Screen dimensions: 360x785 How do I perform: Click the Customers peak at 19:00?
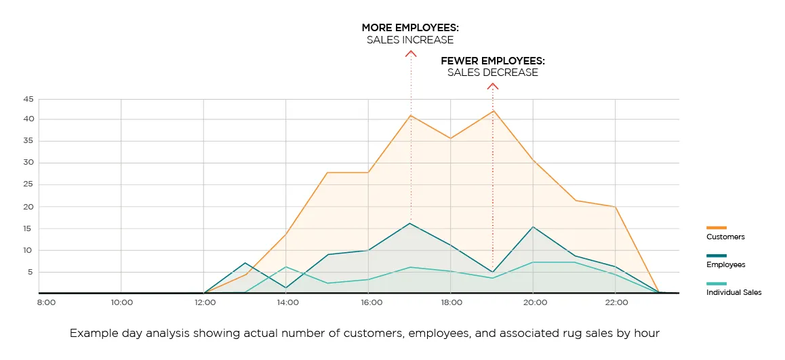(x=493, y=111)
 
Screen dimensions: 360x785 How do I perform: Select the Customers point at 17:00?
(x=411, y=115)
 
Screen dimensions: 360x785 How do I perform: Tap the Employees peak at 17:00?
(x=411, y=223)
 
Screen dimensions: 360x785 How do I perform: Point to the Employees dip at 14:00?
(x=287, y=287)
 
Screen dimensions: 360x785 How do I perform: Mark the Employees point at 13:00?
(x=245, y=262)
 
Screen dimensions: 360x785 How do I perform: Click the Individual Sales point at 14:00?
(x=287, y=266)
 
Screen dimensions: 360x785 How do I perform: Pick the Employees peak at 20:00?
(x=533, y=226)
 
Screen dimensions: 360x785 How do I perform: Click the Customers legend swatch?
(x=716, y=228)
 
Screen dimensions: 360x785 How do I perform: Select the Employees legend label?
(x=725, y=265)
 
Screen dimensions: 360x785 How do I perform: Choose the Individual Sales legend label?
(x=733, y=293)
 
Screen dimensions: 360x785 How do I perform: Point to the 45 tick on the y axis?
(x=28, y=99)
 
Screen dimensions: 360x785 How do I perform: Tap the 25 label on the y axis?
(x=28, y=184)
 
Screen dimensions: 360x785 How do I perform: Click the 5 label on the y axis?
(x=30, y=272)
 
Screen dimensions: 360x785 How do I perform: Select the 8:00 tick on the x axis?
(x=46, y=302)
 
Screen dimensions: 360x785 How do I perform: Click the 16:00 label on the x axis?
(x=371, y=302)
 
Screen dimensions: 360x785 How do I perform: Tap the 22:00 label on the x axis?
(x=616, y=302)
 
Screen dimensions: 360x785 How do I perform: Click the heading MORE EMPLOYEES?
(x=410, y=28)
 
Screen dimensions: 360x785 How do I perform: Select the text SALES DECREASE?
(x=493, y=73)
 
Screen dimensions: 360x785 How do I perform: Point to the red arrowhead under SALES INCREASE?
(x=411, y=53)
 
